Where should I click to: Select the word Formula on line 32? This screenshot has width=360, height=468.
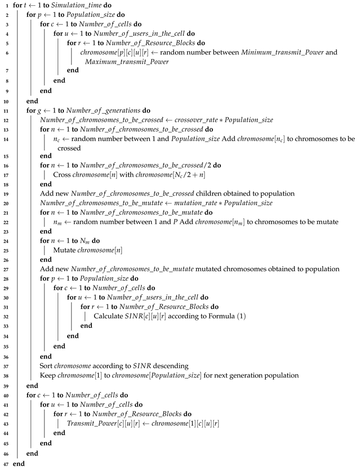219,316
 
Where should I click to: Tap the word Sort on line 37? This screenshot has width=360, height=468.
47,364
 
